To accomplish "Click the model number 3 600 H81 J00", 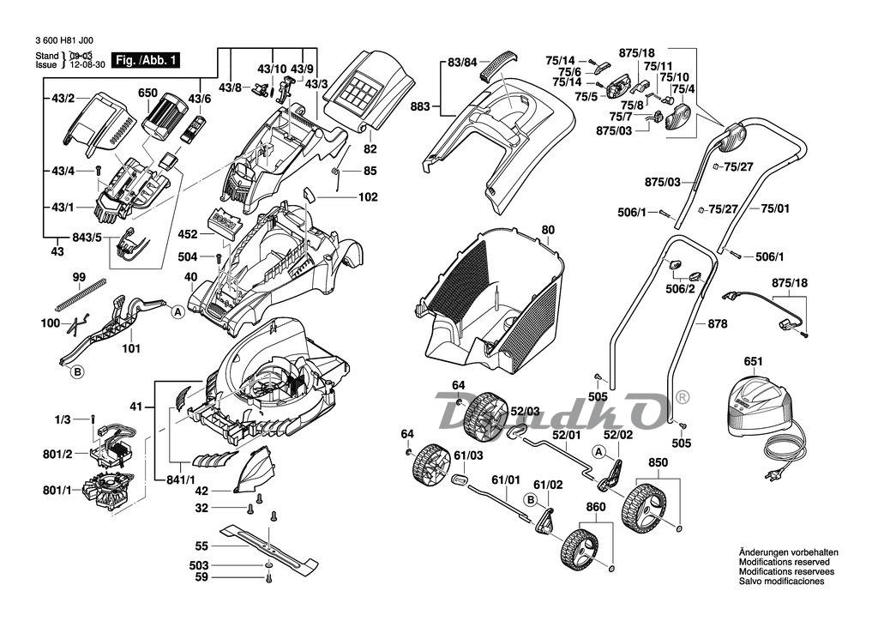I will click(65, 40).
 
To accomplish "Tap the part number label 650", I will click(147, 93).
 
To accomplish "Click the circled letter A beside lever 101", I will click(177, 312).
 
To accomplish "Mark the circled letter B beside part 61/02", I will click(531, 499).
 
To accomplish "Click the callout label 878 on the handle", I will click(717, 323).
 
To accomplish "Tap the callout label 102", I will click(368, 197).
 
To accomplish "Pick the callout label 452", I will click(188, 233).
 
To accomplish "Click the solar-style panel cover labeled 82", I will click(364, 86).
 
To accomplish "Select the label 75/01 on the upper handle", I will click(774, 208).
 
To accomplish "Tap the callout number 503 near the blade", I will click(199, 566).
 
